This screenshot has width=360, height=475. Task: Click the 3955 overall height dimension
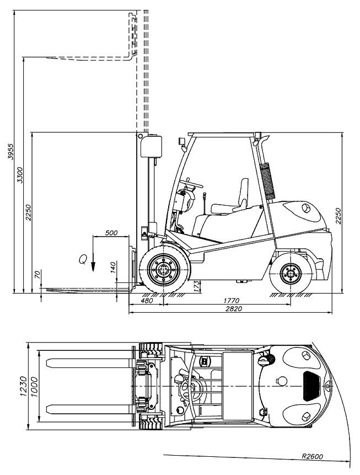[x=10, y=151]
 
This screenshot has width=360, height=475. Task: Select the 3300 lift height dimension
[x=20, y=175]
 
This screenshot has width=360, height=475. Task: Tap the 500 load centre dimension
[x=111, y=233]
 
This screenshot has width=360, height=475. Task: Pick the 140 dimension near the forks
[x=113, y=268]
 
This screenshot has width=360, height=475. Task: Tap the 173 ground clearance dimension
[x=196, y=286]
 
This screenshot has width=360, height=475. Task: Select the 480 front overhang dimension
[x=147, y=301]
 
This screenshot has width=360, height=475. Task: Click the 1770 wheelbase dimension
[x=232, y=301]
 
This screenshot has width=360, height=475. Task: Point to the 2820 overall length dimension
[x=234, y=309]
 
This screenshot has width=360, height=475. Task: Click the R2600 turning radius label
[x=313, y=456]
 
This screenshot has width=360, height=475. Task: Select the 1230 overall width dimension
[x=23, y=386]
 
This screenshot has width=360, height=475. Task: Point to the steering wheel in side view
[x=192, y=184]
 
